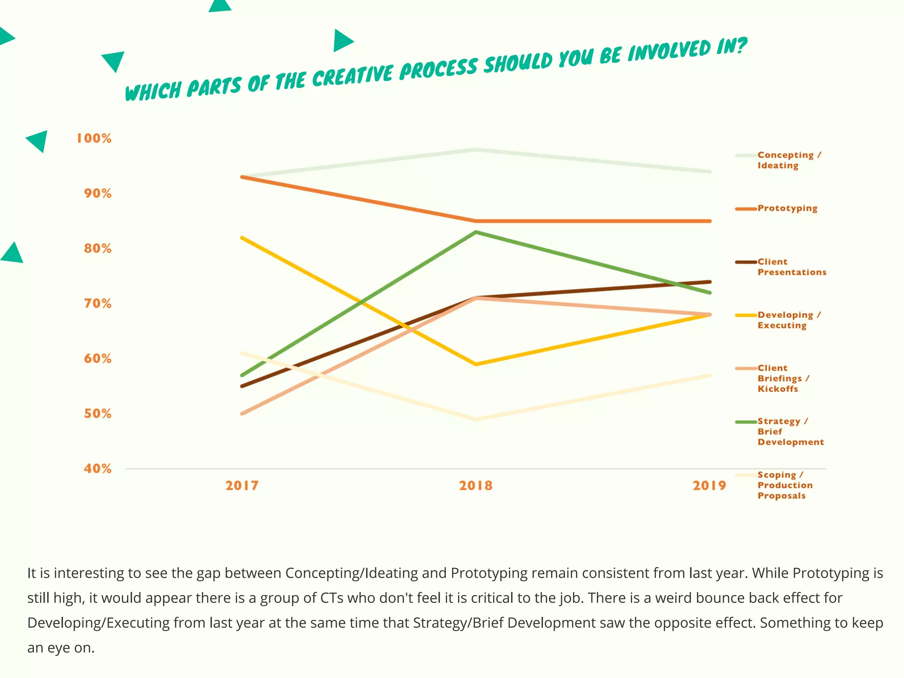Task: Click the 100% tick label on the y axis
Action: (x=94, y=138)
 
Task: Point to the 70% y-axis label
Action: (x=98, y=304)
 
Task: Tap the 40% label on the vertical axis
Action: (x=98, y=469)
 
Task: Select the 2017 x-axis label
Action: (x=242, y=486)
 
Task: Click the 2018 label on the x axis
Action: (x=475, y=486)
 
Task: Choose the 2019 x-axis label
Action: (x=709, y=486)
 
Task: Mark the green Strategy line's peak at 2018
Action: (x=476, y=232)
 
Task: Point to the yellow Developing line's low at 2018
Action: (x=476, y=364)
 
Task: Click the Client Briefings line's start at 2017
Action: (x=242, y=414)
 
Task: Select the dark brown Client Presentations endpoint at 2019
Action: (x=709, y=282)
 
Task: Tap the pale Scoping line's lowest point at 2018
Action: (x=476, y=419)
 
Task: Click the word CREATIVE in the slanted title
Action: (x=353, y=76)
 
